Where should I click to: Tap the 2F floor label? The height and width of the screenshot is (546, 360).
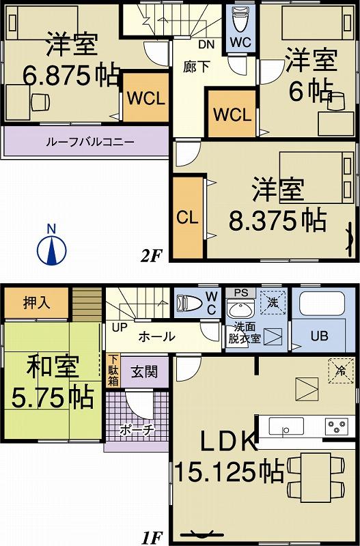[150, 256]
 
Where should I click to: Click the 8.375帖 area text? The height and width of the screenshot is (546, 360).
[277, 220]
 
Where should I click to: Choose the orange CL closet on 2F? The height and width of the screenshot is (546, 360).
[187, 218]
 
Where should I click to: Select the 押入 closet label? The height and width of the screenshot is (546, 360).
[37, 302]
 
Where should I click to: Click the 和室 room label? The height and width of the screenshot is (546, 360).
[53, 368]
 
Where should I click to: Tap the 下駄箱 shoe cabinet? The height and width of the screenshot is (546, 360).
[113, 369]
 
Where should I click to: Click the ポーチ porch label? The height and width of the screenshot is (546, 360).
[135, 429]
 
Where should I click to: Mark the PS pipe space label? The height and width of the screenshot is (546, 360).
[241, 293]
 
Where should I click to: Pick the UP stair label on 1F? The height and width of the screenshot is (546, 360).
[117, 326]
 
